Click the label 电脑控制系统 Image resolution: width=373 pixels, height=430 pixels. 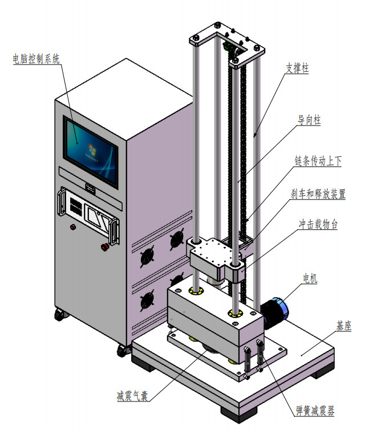coord(36,59)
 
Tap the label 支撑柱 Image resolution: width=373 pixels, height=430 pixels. coord(297,68)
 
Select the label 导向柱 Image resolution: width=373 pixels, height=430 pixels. coord(309,120)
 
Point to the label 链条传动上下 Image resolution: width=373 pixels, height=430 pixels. coord(318,161)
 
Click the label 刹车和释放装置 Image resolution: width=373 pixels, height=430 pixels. coord(318,194)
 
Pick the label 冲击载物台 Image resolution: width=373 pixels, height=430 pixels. coord(318,224)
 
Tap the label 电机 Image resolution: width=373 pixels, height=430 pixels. coord(310,278)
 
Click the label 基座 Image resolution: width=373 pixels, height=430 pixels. coord(344,326)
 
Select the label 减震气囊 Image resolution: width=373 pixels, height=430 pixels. coord(132,396)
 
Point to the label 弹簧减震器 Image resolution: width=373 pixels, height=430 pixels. coord(315,411)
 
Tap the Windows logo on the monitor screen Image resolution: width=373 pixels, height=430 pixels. coord(92,149)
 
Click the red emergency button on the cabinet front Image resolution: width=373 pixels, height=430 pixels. coord(104,247)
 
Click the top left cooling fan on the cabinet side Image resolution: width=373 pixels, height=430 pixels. coord(177,240)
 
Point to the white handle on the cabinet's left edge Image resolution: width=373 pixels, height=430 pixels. coord(60,202)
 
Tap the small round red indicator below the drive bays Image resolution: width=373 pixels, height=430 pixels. coord(72,227)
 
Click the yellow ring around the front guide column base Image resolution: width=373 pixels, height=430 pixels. coord(235,314)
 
